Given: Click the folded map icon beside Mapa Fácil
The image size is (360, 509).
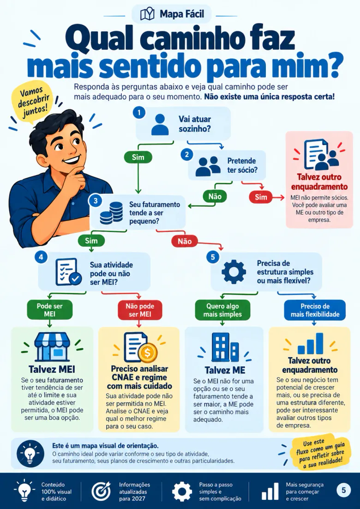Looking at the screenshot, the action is pyautogui.click(x=147, y=14).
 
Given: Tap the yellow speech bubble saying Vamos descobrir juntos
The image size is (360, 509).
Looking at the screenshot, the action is pyautogui.click(x=32, y=102).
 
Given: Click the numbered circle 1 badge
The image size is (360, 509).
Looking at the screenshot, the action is pyautogui.click(x=139, y=112).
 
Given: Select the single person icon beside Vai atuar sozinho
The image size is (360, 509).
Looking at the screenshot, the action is pyautogui.click(x=160, y=124).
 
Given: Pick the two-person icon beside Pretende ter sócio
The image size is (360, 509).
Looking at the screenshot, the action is pyautogui.click(x=208, y=166).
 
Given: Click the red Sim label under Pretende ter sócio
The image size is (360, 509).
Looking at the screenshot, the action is pyautogui.click(x=261, y=197).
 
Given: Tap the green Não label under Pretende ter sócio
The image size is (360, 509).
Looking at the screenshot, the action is pyautogui.click(x=215, y=196).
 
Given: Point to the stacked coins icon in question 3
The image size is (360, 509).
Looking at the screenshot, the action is pyautogui.click(x=111, y=213).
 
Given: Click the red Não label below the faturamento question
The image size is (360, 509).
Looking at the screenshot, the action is pyautogui.click(x=185, y=241).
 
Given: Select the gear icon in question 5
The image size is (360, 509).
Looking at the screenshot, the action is pyautogui.click(x=234, y=272).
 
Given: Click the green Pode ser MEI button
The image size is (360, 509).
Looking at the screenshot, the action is pyautogui.click(x=50, y=309).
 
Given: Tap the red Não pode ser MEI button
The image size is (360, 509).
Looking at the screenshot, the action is pyautogui.click(x=140, y=309).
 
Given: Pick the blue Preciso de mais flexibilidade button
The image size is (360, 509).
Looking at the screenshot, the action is pyautogui.click(x=315, y=310).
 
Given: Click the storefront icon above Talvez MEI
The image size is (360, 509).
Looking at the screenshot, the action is pyautogui.click(x=52, y=347).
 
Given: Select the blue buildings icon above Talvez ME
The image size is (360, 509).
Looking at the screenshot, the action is pyautogui.click(x=225, y=347).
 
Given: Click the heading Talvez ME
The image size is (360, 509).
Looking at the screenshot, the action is pyautogui.click(x=225, y=370).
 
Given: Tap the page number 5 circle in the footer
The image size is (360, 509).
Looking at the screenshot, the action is pyautogui.click(x=344, y=490).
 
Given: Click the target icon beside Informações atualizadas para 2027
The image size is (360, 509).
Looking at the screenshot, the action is pyautogui.click(x=101, y=491).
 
